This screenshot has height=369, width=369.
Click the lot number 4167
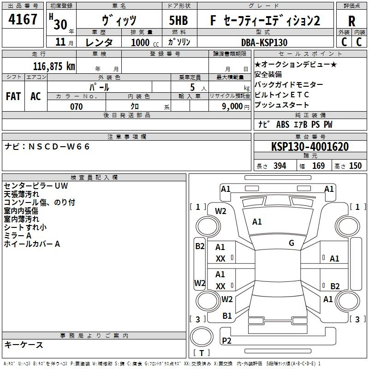click(x=23, y=19)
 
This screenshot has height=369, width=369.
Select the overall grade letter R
click(x=351, y=21)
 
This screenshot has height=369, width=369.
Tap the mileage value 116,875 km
click(x=54, y=66)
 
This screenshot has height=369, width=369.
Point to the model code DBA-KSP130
click(x=264, y=42)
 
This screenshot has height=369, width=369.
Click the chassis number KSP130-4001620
click(x=310, y=146)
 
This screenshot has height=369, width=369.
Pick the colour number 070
click(x=77, y=107)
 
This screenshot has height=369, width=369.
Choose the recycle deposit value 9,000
click(x=232, y=107)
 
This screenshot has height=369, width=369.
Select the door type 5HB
click(x=179, y=20)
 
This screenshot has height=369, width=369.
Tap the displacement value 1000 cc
click(x=145, y=42)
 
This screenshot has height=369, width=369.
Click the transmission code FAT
click(x=13, y=96)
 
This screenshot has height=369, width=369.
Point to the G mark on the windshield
click(x=292, y=243)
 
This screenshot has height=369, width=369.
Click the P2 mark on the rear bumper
click(x=226, y=340)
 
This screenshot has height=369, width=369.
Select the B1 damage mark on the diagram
click(x=227, y=315)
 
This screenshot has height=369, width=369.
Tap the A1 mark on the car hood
click(x=257, y=221)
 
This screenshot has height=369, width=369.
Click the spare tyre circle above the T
click(x=202, y=336)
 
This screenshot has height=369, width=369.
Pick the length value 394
click(x=280, y=166)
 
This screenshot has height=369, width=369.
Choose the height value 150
click(x=355, y=166)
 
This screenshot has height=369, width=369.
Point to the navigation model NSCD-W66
click(x=59, y=147)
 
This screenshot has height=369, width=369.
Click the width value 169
click(x=318, y=166)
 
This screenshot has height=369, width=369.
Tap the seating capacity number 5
click(x=192, y=87)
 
